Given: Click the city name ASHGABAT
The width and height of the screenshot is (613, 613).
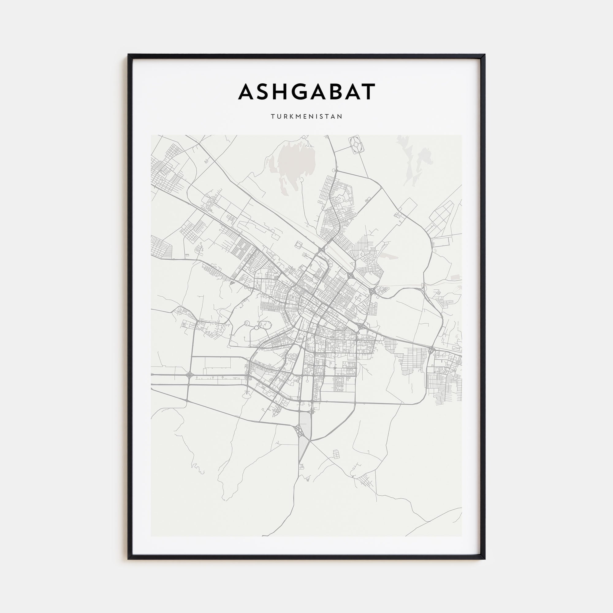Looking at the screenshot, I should coord(306,92).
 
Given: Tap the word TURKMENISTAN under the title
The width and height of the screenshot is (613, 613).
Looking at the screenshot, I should coord(306,116).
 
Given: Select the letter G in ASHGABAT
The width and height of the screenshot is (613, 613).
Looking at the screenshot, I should coord(297,92).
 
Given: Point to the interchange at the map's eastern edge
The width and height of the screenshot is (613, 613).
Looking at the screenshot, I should coord(431,350).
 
